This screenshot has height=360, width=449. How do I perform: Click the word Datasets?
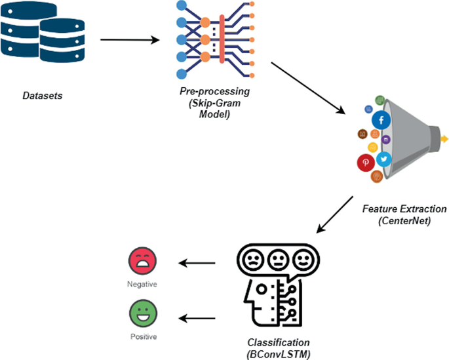[x=43, y=96]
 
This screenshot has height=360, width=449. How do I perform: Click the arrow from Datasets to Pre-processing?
[x=130, y=40]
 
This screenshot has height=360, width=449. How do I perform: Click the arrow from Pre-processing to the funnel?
[x=307, y=89]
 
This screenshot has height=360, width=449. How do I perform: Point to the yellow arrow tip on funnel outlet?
[x=444, y=139]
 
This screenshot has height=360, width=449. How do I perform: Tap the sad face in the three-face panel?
[x=253, y=261]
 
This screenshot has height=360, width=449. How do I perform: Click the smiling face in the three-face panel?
[x=302, y=261]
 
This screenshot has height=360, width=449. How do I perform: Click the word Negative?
[x=142, y=284]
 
